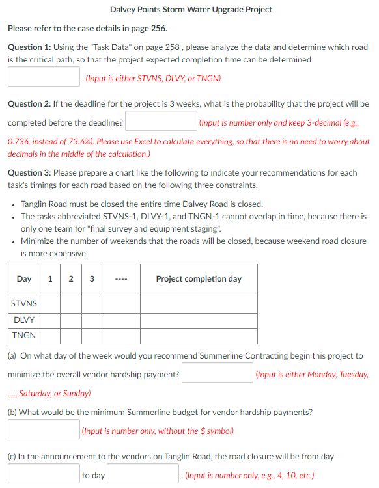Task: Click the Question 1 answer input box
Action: point(44,77)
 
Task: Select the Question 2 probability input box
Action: point(161,122)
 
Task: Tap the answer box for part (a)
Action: point(218,373)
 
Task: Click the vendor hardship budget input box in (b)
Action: point(44,429)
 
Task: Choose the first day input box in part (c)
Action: point(44,474)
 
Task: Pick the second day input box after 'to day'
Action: point(144,474)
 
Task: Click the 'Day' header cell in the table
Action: point(24,279)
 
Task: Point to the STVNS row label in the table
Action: point(24,304)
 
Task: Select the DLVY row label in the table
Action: point(24,320)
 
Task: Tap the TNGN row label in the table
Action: point(24,336)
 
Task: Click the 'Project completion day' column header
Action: point(199,279)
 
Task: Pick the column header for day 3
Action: point(91,279)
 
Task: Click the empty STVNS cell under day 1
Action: point(51,304)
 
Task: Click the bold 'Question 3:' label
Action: point(29,173)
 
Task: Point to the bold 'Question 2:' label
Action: point(29,104)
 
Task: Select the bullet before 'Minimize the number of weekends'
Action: point(14,241)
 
